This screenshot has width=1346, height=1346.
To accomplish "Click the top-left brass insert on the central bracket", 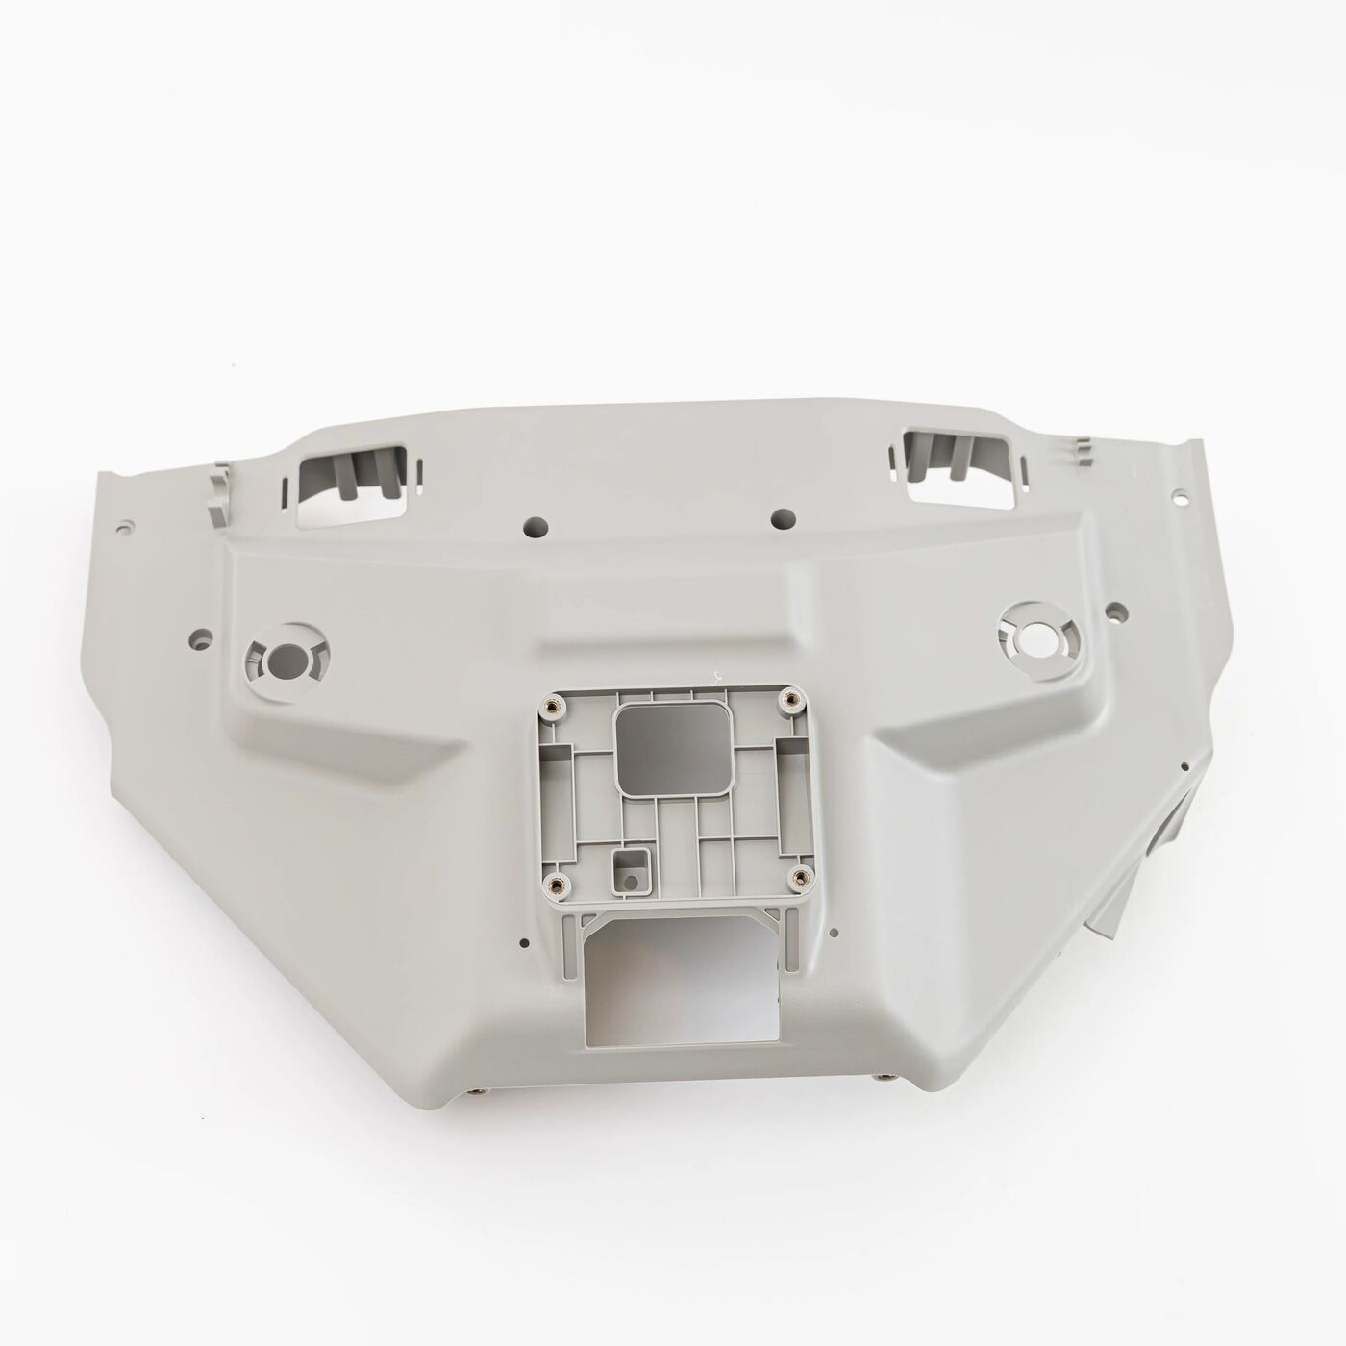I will pyautogui.click(x=551, y=708).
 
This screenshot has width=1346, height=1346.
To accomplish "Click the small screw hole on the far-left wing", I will pyautogui.click(x=126, y=529).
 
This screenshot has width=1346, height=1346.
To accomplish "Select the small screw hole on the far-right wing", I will pyautogui.click(x=1176, y=497).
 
